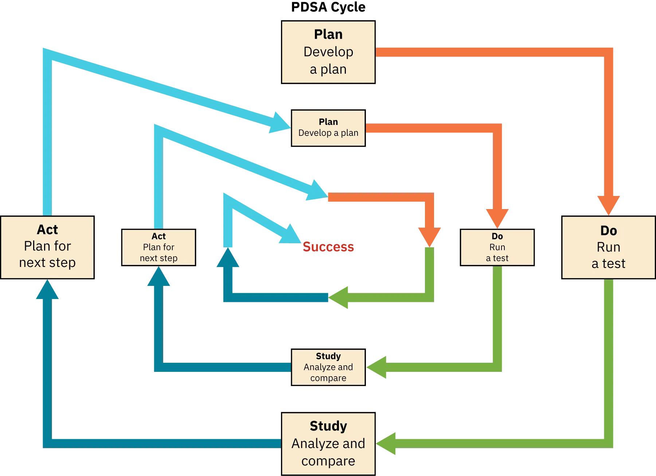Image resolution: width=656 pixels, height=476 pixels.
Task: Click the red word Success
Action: tap(328, 247)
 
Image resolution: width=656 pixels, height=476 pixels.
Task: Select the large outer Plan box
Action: tap(328, 52)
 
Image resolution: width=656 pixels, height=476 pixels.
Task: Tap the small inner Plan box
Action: tap(328, 128)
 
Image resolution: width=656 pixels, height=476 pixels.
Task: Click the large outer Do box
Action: tap(608, 248)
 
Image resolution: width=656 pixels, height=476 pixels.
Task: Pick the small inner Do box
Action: tap(497, 247)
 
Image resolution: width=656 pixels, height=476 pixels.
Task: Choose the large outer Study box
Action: tap(328, 443)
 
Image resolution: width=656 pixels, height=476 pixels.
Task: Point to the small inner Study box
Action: tap(328, 367)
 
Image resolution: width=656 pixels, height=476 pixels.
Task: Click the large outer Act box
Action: tap(47, 248)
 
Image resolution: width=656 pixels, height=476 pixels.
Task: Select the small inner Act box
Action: tap(159, 247)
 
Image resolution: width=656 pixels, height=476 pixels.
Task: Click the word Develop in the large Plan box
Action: tap(328, 52)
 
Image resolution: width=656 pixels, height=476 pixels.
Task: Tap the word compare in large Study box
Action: tap(328, 461)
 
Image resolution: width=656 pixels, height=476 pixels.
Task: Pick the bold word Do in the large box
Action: tap(608, 231)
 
